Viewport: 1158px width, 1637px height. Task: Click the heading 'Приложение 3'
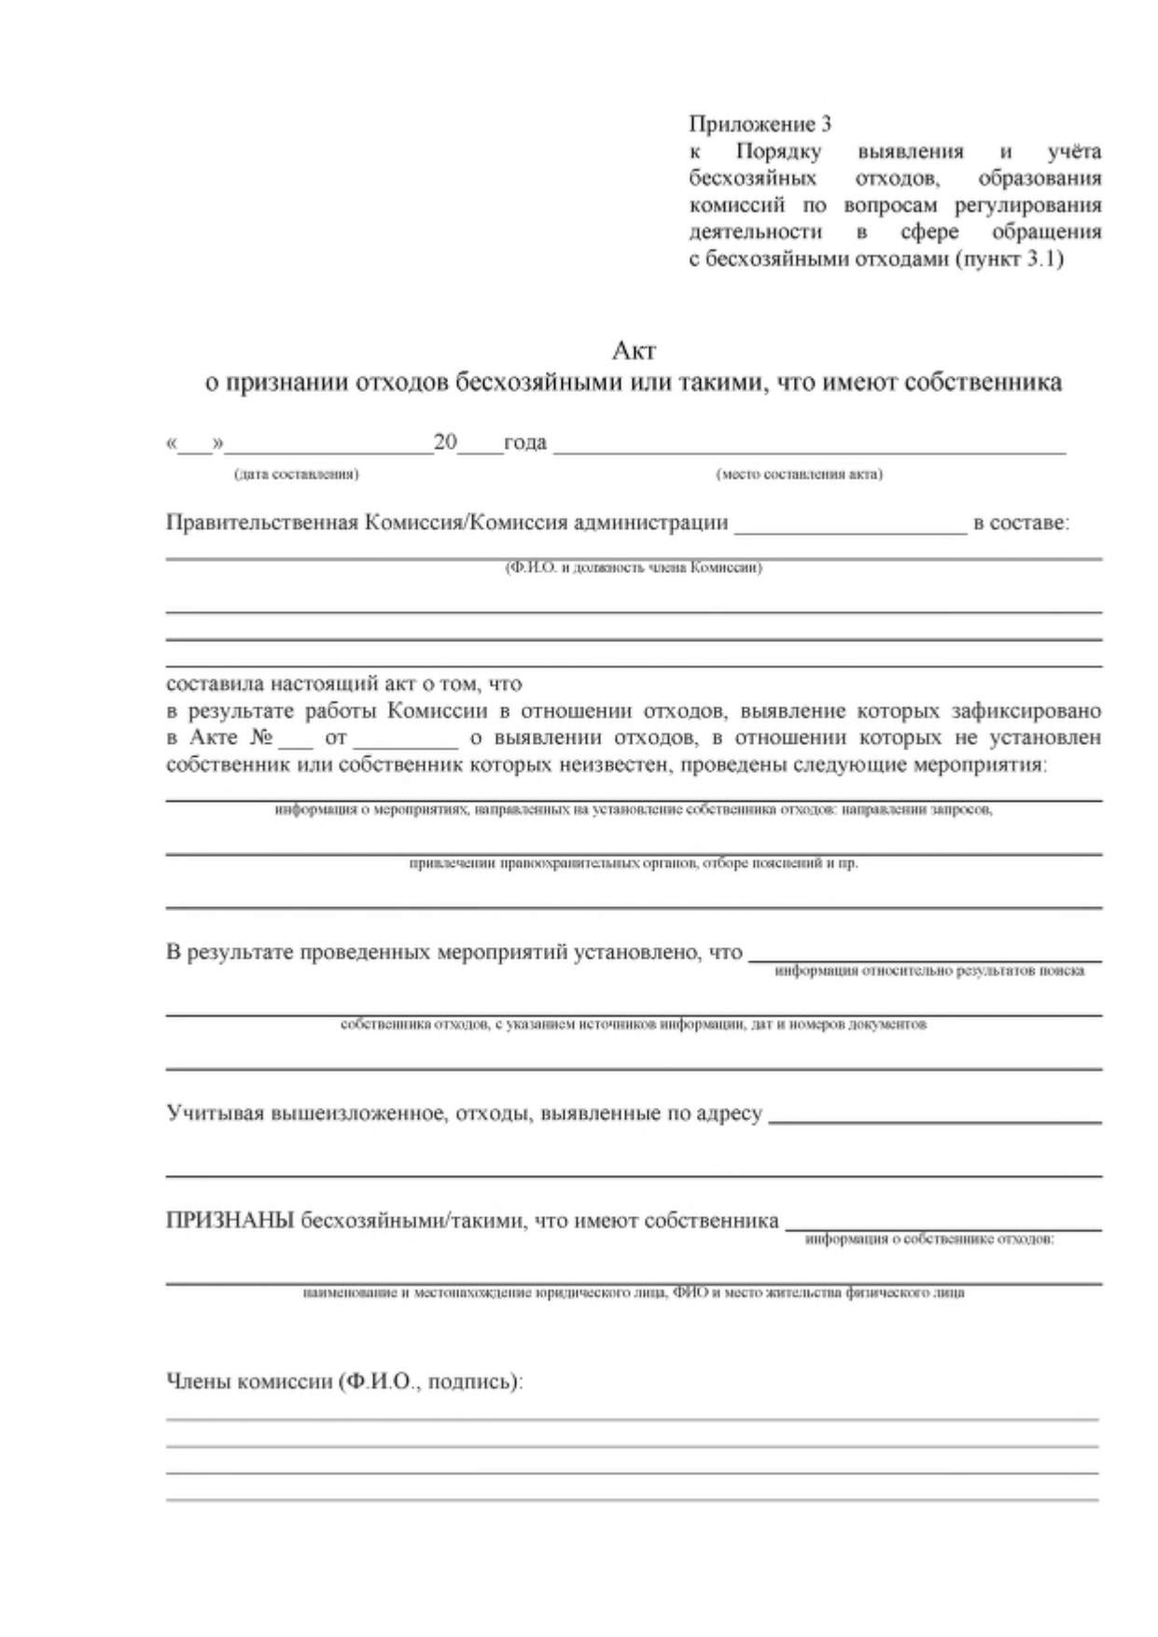(x=760, y=124)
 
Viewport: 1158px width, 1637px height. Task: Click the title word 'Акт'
(x=634, y=351)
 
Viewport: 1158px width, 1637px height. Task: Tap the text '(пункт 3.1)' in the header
(x=1010, y=259)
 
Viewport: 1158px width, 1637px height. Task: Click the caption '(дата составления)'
(x=297, y=474)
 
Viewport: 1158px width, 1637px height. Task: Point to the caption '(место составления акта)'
(x=799, y=474)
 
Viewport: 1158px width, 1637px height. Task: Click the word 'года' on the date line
(x=525, y=442)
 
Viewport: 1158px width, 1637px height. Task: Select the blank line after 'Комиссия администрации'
(x=850, y=530)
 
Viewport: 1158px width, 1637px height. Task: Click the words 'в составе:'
(x=1021, y=523)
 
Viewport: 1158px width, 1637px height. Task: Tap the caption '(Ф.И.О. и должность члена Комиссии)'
(x=634, y=567)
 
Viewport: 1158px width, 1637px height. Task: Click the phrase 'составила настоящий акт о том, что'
(x=343, y=684)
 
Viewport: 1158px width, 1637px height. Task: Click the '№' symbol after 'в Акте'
(x=261, y=737)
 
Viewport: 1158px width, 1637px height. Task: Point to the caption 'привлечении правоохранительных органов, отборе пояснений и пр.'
(x=634, y=863)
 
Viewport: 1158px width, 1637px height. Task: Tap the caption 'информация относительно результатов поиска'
(x=929, y=972)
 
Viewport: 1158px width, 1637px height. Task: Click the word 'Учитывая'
(x=214, y=1113)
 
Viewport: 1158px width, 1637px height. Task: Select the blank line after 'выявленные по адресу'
(x=934, y=1120)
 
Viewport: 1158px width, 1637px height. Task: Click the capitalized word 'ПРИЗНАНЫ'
(x=230, y=1221)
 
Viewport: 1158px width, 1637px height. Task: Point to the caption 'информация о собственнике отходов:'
(x=929, y=1239)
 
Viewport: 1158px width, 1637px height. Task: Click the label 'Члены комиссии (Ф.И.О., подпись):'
(x=344, y=1382)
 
